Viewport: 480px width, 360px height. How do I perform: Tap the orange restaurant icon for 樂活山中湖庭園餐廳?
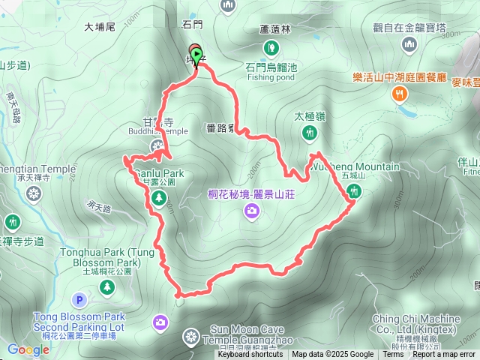pyautogui.click(x=400, y=94)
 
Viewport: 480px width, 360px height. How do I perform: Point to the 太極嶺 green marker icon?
pyautogui.click(x=309, y=133)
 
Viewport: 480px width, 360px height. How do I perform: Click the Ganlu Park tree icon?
pyautogui.click(x=158, y=198)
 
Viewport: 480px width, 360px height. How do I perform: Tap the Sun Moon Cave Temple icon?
pyautogui.click(x=192, y=335)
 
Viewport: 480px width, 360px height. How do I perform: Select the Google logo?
pyautogui.click(x=28, y=349)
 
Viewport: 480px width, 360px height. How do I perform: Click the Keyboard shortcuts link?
pyautogui.click(x=250, y=355)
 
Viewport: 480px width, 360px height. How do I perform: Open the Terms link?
pyautogui.click(x=393, y=355)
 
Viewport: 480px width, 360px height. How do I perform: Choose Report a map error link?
pyautogui.click(x=443, y=355)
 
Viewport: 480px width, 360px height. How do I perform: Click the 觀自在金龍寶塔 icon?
pyautogui.click(x=409, y=45)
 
